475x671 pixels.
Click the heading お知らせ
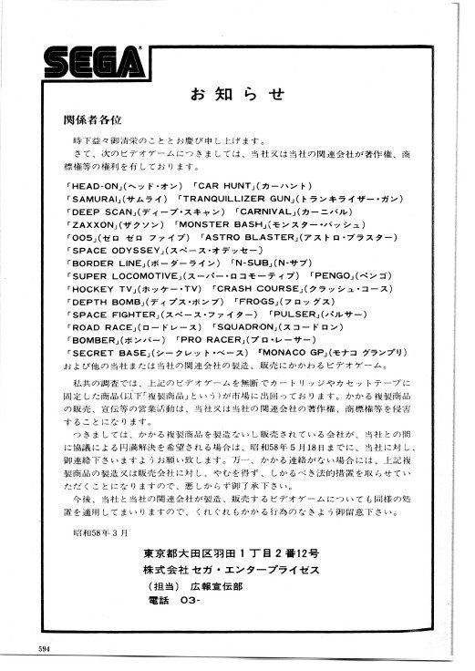tap(237, 93)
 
